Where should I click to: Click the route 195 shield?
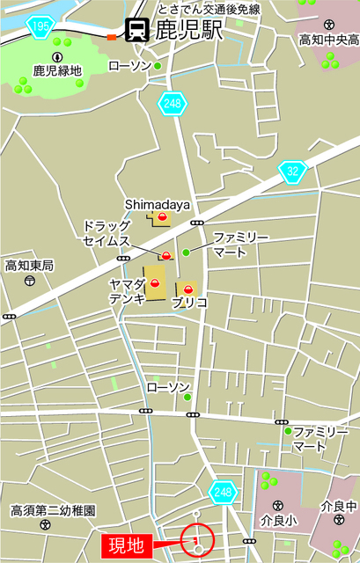(40, 28)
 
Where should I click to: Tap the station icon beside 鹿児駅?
(136, 31)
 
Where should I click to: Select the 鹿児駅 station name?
(188, 32)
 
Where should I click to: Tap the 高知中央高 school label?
(328, 40)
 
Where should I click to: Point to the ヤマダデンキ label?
(126, 290)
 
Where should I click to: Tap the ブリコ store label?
(190, 303)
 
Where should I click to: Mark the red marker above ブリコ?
(187, 288)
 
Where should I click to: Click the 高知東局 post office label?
(29, 265)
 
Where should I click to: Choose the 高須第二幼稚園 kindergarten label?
(53, 510)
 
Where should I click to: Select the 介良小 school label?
(278, 520)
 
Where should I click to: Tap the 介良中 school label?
(339, 507)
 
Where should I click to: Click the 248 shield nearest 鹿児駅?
(173, 104)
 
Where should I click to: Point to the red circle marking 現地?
(197, 540)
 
